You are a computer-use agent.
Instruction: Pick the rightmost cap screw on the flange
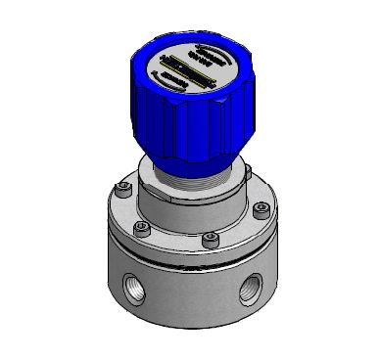click(x=260, y=208)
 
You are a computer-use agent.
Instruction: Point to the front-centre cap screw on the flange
click(x=208, y=238)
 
